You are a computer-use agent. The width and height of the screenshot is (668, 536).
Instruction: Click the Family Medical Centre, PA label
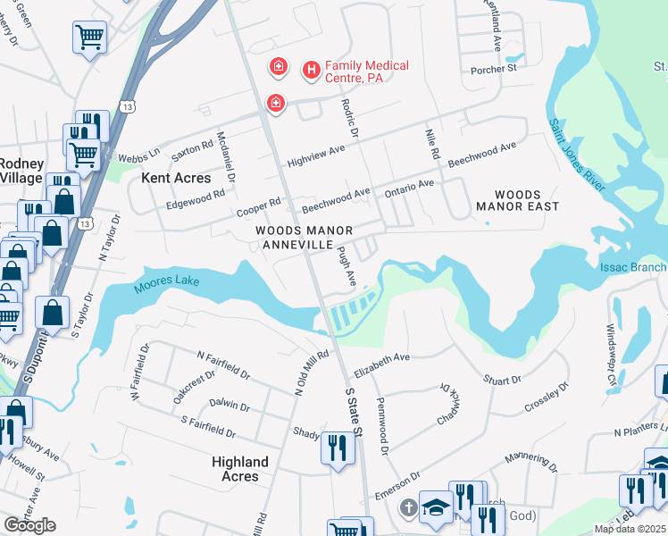[x=366, y=71]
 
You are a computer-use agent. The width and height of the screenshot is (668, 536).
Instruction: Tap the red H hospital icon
[x=312, y=69]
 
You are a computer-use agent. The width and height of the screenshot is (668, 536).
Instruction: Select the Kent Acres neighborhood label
[x=176, y=179]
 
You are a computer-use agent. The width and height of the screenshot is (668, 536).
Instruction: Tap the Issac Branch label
[x=635, y=267]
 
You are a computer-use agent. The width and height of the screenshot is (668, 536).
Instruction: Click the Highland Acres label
[x=240, y=469]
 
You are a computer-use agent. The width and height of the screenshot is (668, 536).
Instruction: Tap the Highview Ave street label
[x=315, y=156]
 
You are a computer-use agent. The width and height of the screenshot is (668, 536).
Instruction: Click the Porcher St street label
[x=494, y=68]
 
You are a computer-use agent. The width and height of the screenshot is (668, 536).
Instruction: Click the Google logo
[x=29, y=525]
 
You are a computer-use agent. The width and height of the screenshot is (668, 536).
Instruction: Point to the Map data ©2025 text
[x=630, y=529]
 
